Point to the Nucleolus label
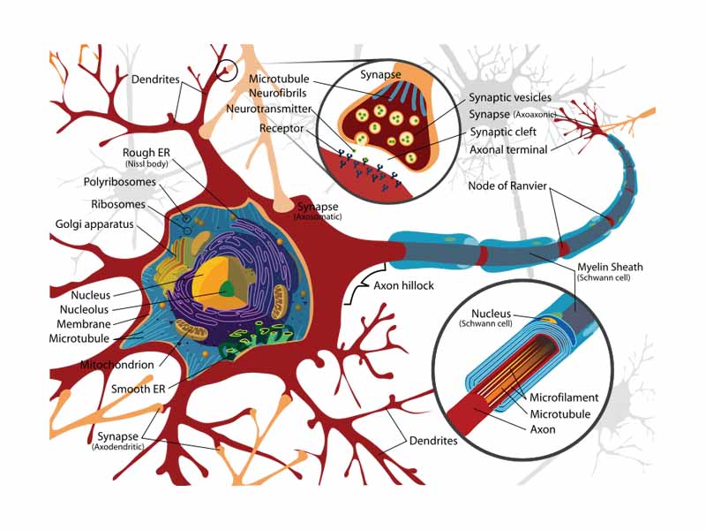tap(85, 309)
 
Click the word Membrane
tap(86, 323)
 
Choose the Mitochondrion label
tap(116, 364)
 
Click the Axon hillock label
tap(403, 286)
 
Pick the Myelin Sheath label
tap(610, 267)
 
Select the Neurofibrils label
tap(277, 94)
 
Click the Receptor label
tap(282, 128)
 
